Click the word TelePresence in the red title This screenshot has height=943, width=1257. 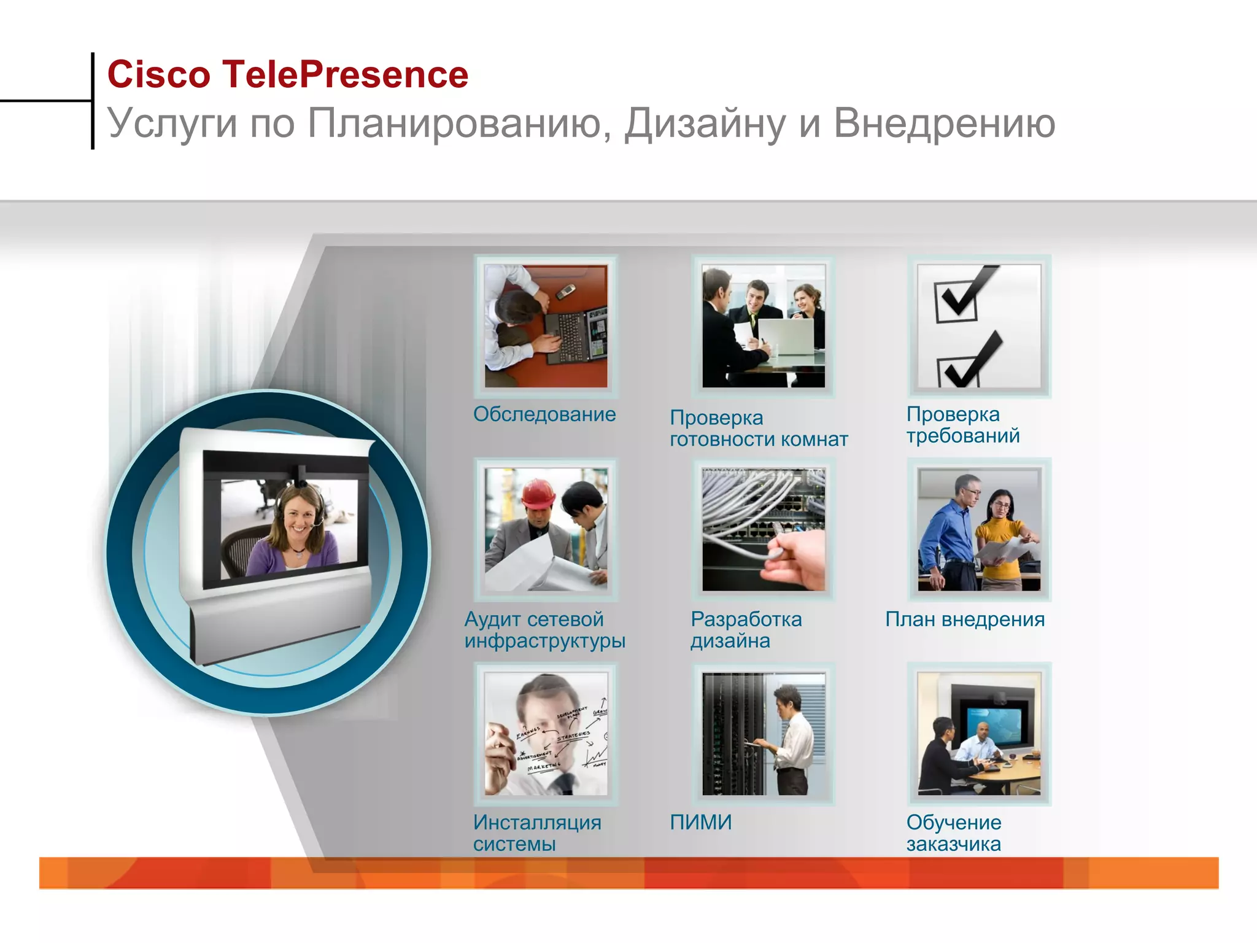[x=345, y=75]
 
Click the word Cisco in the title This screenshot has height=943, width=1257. [x=158, y=75]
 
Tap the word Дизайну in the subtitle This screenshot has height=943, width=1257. [x=705, y=124]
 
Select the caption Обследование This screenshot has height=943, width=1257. [x=544, y=414]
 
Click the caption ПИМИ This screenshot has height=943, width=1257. [x=700, y=822]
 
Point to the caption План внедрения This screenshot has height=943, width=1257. [x=964, y=619]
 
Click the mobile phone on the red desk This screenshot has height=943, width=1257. [x=565, y=290]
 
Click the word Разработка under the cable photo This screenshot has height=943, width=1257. [x=746, y=619]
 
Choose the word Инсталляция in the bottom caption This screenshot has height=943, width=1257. [x=537, y=822]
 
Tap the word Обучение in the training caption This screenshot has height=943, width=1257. [x=953, y=822]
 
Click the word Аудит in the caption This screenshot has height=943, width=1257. [x=492, y=619]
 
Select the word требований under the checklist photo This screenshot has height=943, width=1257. [x=962, y=436]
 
